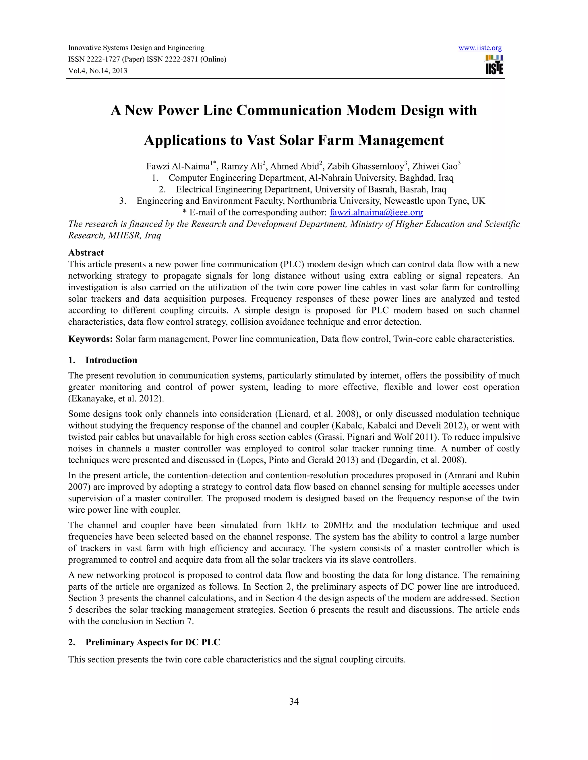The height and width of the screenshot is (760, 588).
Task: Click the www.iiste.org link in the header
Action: pos(480,48)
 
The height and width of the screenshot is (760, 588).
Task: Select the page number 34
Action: pos(294,701)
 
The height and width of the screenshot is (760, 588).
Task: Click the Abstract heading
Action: pos(86,253)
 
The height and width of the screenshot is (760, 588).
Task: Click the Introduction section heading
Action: pos(111,360)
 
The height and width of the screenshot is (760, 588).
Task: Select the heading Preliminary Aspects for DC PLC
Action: pos(153,642)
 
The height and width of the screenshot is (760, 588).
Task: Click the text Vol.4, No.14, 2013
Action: pos(98,71)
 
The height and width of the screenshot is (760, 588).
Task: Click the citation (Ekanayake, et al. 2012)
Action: pos(116,398)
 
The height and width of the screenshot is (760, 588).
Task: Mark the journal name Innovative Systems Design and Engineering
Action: pos(136,48)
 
